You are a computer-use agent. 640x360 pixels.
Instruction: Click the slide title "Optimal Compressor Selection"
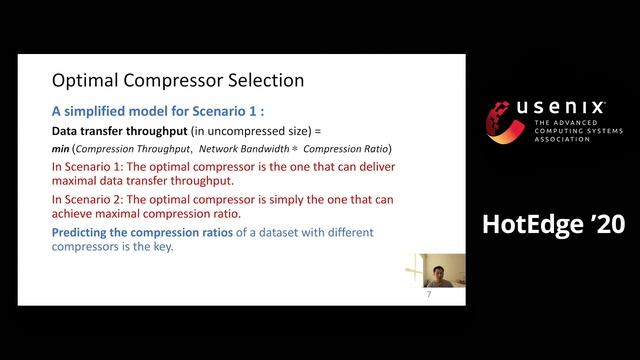coord(177,79)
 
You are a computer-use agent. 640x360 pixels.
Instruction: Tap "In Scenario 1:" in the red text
coord(91,165)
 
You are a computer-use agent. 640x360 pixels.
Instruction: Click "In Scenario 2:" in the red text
coord(91,198)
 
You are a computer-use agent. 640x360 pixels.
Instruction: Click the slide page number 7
coord(428,294)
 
